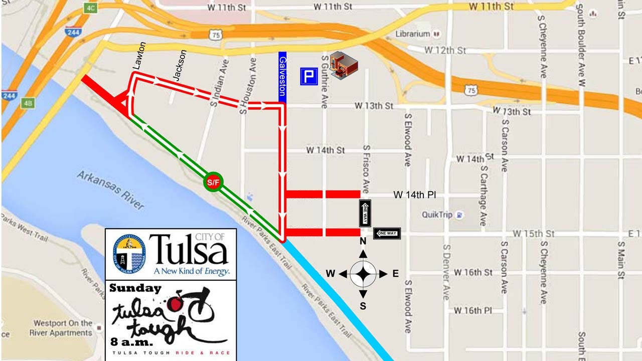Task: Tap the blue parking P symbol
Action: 309,77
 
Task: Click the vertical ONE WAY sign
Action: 365,214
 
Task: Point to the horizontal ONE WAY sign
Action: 387,233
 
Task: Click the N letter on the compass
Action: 363,242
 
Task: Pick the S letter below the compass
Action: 363,306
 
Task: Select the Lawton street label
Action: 139,55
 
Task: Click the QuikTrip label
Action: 437,215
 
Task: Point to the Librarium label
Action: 413,34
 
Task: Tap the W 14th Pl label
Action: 414,195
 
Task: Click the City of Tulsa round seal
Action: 128,253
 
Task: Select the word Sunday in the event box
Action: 135,288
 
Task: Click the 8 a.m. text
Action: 132,342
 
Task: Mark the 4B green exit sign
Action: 28,104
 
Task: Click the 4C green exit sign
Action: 91,8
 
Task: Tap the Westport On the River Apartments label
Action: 60,328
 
